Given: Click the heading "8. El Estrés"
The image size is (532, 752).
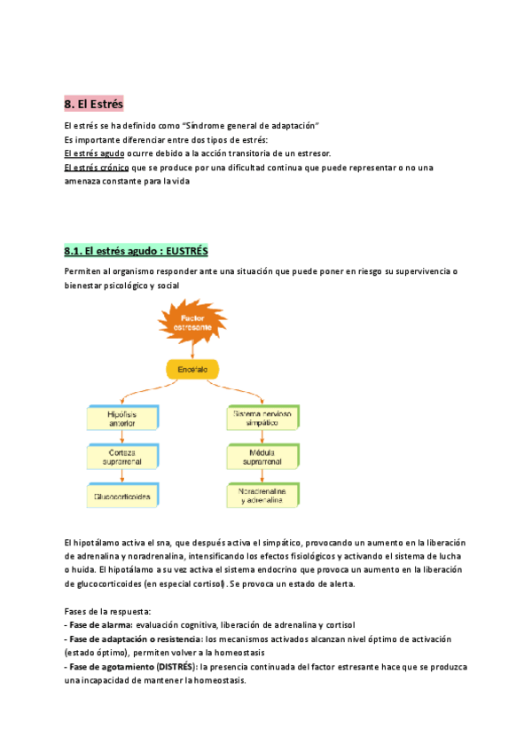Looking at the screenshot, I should [95, 105].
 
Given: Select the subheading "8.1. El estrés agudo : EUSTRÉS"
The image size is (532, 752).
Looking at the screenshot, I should [136, 251].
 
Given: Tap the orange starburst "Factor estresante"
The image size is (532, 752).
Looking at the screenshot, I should [192, 324].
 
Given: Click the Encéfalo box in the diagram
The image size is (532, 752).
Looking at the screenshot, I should [192, 368].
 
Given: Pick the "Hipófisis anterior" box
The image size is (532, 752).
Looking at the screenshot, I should [121, 419].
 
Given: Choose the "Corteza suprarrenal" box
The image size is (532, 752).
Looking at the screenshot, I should [121, 457].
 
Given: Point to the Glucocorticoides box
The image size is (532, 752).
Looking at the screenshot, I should [121, 497].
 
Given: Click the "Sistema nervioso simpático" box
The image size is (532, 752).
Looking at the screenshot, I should [262, 419].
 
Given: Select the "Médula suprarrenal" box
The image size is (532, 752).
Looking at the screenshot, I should [262, 457].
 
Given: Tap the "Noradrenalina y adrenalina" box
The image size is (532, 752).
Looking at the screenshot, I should [262, 497].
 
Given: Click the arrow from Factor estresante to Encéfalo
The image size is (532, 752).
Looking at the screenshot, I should [192, 350].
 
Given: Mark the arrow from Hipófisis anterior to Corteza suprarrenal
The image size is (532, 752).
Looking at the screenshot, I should [121, 438].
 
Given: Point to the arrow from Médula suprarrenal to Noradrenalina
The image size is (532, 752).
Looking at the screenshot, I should [262, 476].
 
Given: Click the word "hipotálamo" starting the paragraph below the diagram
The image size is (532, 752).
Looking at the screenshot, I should [98, 543].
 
